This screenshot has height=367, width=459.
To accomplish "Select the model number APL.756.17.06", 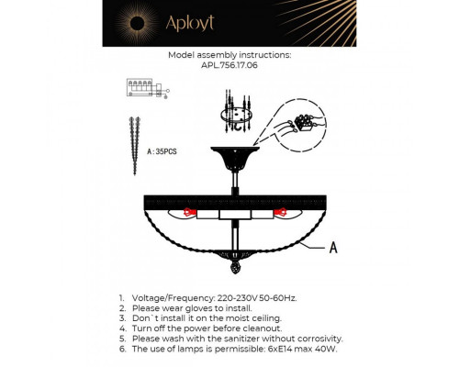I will (x=229, y=65).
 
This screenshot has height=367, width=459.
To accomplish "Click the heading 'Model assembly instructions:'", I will (x=229, y=55).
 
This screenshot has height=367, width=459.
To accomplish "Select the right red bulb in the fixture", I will (x=274, y=214).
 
